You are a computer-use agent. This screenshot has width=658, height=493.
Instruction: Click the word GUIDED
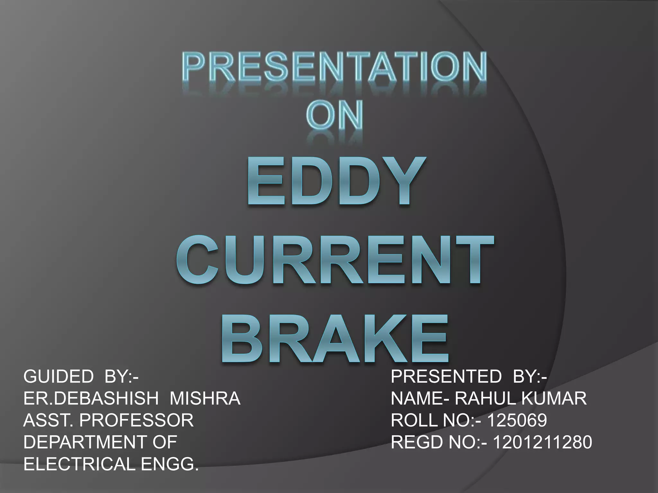58,376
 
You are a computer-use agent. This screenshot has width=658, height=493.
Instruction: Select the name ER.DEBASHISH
91,398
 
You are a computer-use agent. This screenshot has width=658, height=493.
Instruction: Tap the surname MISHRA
205,398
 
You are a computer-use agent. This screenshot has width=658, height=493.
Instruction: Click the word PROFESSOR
136,420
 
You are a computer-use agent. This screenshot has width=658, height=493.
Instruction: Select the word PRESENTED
446,376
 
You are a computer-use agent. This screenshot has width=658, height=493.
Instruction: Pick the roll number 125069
517,420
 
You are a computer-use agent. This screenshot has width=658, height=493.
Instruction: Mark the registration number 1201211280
542,442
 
